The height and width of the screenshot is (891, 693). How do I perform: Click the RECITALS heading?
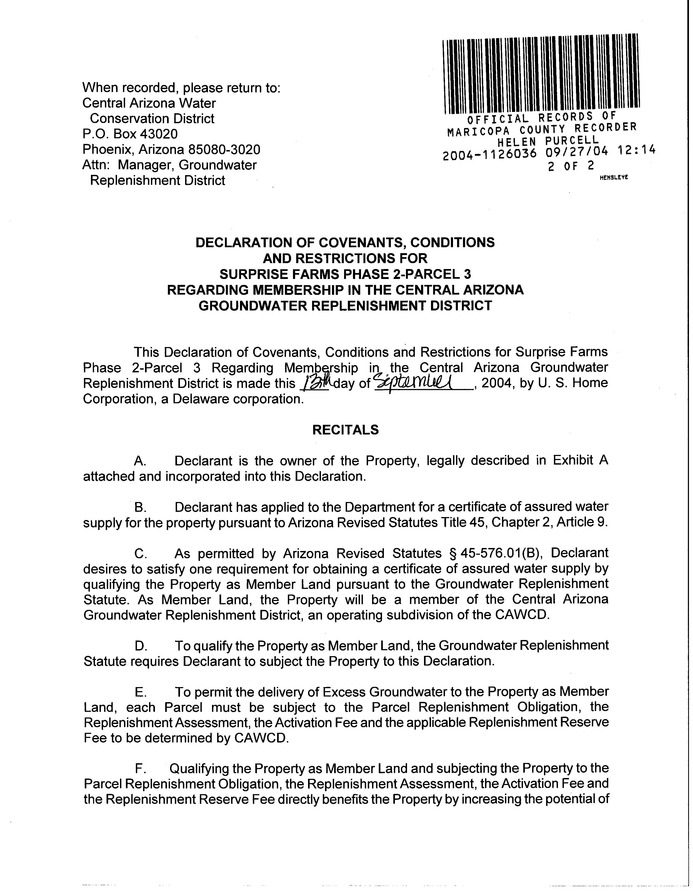click(345, 430)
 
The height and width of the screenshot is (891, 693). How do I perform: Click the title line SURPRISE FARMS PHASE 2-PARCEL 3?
click(345, 274)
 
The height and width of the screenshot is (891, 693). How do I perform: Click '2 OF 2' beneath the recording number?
click(571, 166)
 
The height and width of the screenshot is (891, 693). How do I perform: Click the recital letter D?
click(140, 646)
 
